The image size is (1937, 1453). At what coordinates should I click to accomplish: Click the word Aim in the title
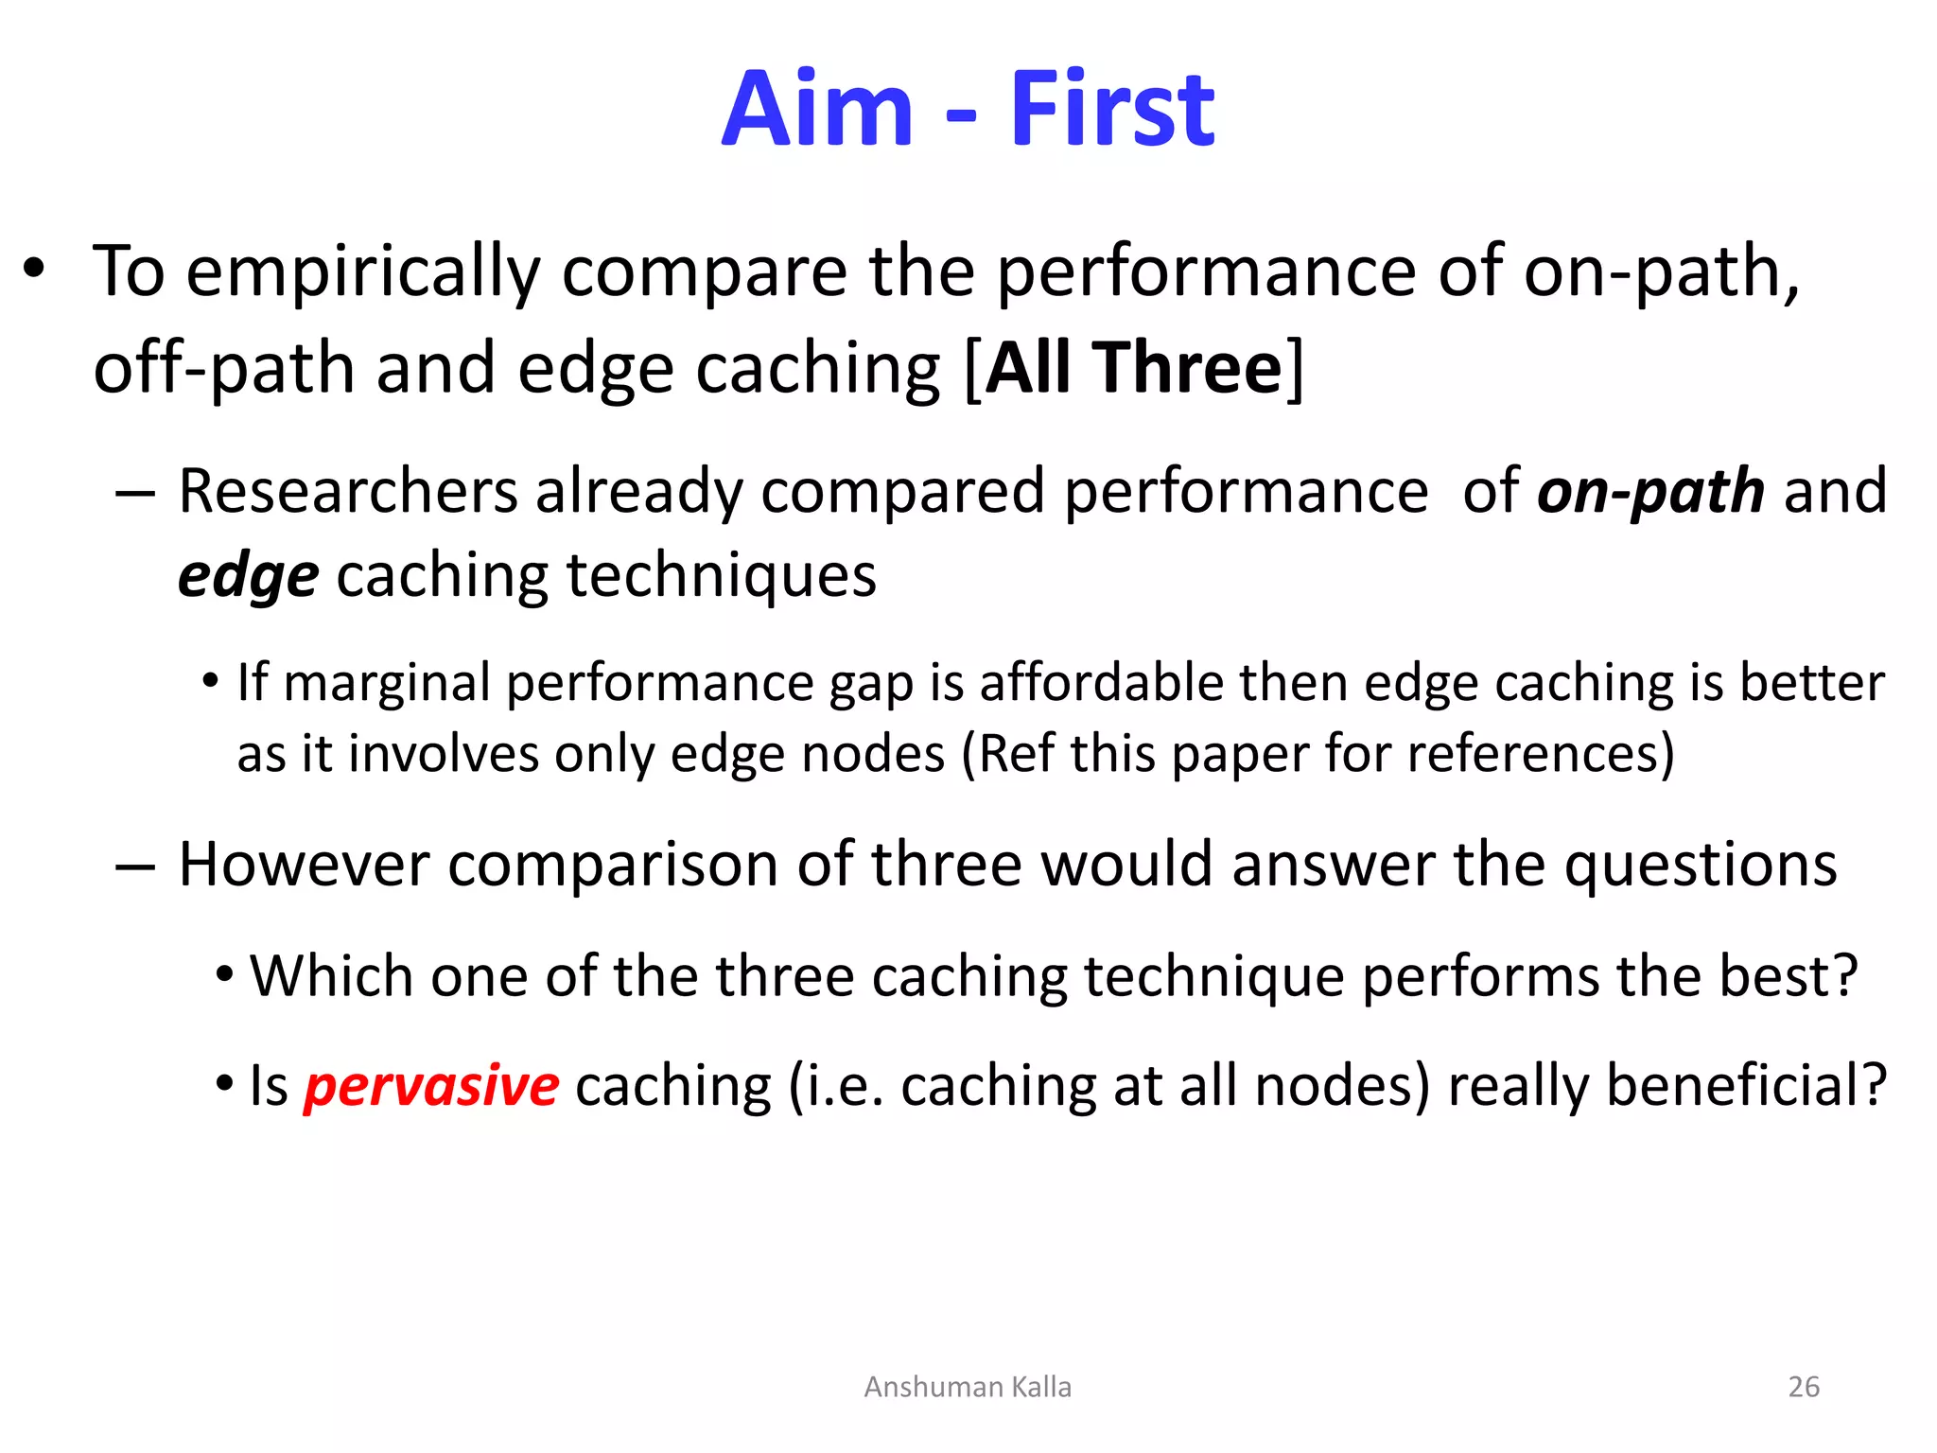pyautogui.click(x=817, y=110)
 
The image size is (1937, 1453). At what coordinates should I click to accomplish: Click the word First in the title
pyautogui.click(x=1112, y=110)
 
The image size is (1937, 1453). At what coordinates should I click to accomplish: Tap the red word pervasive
pyautogui.click(x=431, y=1085)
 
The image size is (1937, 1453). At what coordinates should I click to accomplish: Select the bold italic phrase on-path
pyautogui.click(x=1650, y=492)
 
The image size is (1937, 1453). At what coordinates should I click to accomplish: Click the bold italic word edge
pyautogui.click(x=249, y=576)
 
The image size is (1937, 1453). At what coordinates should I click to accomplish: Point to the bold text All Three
pyautogui.click(x=1134, y=368)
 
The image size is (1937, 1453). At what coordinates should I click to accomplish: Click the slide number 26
pyautogui.click(x=1804, y=1387)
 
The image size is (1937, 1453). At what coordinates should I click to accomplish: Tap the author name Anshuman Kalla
pyautogui.click(x=968, y=1387)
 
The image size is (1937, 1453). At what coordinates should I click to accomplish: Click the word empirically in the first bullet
pyautogui.click(x=363, y=272)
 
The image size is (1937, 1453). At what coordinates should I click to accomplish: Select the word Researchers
pyautogui.click(x=348, y=492)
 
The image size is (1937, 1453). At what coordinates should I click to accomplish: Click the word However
pyautogui.click(x=304, y=865)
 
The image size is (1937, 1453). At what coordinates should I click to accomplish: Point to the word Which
pyautogui.click(x=331, y=976)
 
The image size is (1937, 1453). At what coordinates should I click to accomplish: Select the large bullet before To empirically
pyautogui.click(x=35, y=270)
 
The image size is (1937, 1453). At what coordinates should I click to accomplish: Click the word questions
pyautogui.click(x=1700, y=865)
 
